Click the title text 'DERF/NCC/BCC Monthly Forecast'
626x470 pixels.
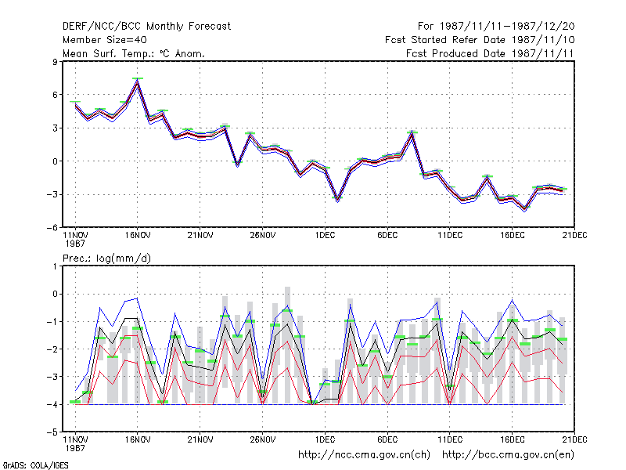tap(146, 27)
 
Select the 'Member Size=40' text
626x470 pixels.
tap(105, 40)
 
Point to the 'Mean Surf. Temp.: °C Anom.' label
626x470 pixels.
tap(134, 53)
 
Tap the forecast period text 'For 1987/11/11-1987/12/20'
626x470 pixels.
tap(496, 27)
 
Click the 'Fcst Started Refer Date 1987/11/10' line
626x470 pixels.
tap(480, 40)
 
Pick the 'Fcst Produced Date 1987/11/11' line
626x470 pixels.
tap(490, 53)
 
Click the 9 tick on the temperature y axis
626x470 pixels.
tap(55, 62)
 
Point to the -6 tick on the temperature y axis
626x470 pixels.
tap(52, 227)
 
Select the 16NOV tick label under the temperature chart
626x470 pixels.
tap(138, 236)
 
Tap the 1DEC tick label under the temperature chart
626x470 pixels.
tap(325, 236)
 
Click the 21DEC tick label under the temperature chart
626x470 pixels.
tap(574, 236)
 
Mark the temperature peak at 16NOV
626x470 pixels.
tap(138, 81)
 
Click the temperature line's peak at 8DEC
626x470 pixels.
tap(412, 134)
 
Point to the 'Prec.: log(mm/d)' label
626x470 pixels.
tap(106, 258)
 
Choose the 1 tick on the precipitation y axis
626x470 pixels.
tap(55, 266)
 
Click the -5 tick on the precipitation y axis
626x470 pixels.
tap(52, 432)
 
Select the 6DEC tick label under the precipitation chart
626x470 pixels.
tap(387, 439)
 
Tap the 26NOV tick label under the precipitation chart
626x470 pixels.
tap(263, 439)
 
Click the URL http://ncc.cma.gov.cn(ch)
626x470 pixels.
tap(364, 455)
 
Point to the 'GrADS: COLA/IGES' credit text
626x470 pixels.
tap(35, 465)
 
